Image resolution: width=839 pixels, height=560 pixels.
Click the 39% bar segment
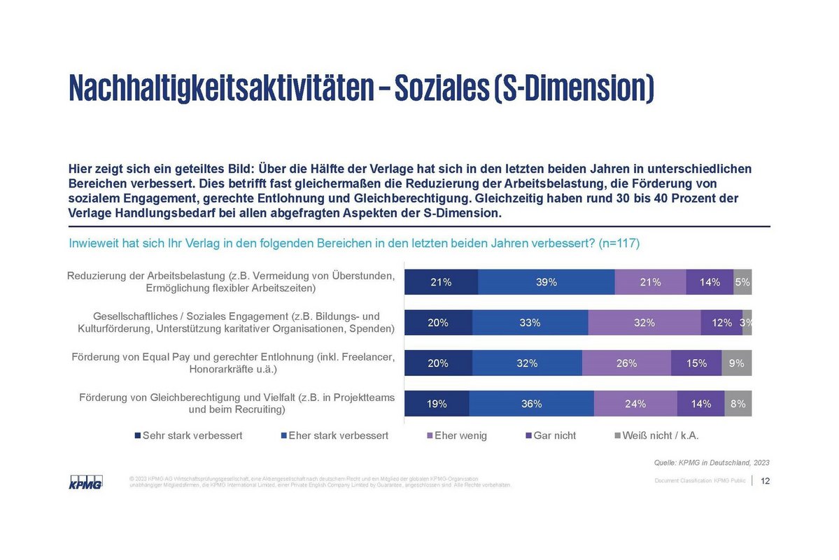click(547, 282)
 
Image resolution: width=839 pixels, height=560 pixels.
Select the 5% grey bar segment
click(742, 282)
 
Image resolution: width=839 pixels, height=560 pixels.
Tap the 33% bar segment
click(530, 323)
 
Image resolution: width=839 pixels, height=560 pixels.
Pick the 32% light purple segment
click(644, 323)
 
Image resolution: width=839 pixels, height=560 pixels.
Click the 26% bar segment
click(626, 363)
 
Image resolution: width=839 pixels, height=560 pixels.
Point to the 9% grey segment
click(736, 363)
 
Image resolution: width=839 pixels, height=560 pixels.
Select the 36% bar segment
click(531, 404)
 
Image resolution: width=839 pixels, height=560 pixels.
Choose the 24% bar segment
click(635, 404)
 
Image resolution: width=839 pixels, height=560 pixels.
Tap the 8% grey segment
click(738, 404)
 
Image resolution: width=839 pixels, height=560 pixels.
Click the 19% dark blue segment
click(437, 404)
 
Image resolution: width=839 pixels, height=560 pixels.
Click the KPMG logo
click(85, 482)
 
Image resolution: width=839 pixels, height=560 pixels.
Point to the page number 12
click(765, 481)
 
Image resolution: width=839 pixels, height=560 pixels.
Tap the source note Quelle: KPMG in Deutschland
click(711, 462)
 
